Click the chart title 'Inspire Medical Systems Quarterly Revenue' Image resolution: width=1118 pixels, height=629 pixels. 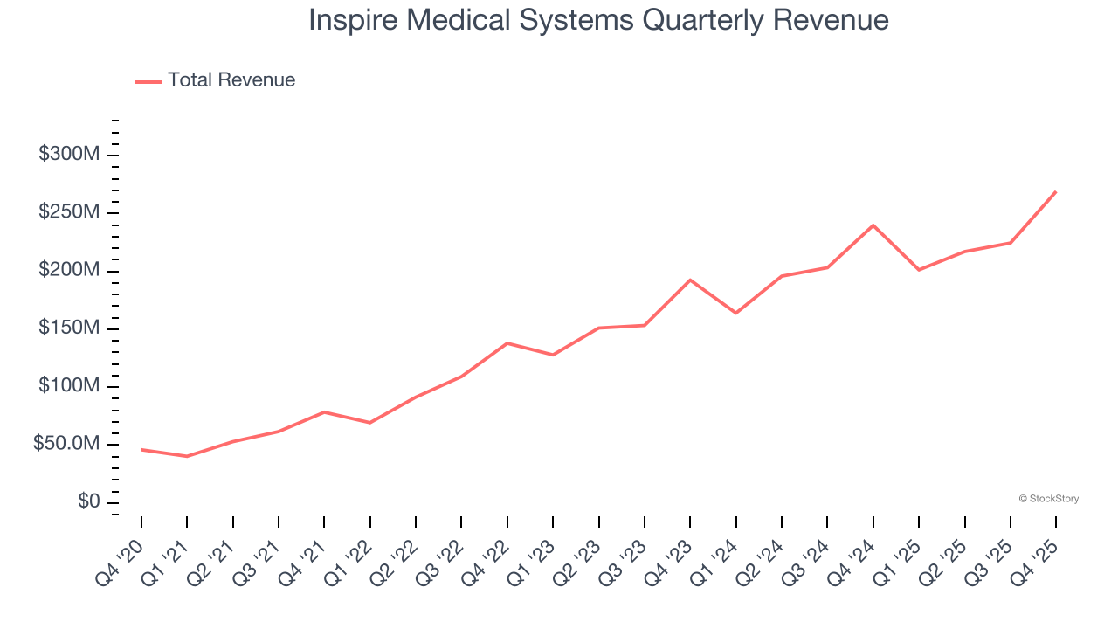(598, 20)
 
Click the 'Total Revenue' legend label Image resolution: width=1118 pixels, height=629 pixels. (231, 80)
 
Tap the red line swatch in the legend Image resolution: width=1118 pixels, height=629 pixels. (148, 81)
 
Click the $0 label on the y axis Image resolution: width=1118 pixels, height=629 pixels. (88, 502)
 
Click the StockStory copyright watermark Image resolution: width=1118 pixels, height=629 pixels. (1048, 499)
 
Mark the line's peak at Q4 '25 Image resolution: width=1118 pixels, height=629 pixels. (1056, 191)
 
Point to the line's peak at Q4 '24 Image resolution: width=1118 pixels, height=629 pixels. (873, 225)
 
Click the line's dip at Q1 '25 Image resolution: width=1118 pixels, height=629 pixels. (919, 270)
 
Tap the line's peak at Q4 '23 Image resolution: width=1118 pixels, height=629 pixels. (690, 280)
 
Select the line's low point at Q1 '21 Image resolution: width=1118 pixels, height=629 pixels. (187, 456)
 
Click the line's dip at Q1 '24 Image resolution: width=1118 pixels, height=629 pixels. (736, 313)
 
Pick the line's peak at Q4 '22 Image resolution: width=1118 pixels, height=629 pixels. (507, 343)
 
